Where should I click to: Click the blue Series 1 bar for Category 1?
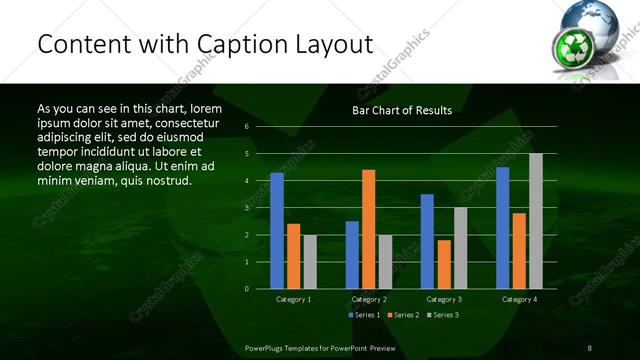tap(277, 231)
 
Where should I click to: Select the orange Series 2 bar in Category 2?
tap(368, 229)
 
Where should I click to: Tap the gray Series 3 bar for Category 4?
tap(535, 221)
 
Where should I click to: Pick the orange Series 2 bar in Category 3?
tap(443, 264)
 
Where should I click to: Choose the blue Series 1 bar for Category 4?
tap(502, 228)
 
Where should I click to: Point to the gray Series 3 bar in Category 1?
tap(310, 262)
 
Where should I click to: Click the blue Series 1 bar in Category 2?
tap(352, 255)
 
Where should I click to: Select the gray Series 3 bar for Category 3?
tap(460, 248)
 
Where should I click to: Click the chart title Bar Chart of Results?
tap(402, 110)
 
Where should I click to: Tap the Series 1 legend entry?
tap(362, 315)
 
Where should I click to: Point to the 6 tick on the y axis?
tap(246, 127)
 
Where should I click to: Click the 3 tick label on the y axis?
tap(246, 208)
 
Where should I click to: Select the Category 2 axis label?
tap(368, 299)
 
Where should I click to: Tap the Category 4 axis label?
tap(518, 299)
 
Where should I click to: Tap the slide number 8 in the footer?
tap(590, 347)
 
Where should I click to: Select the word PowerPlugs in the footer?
tap(266, 347)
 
